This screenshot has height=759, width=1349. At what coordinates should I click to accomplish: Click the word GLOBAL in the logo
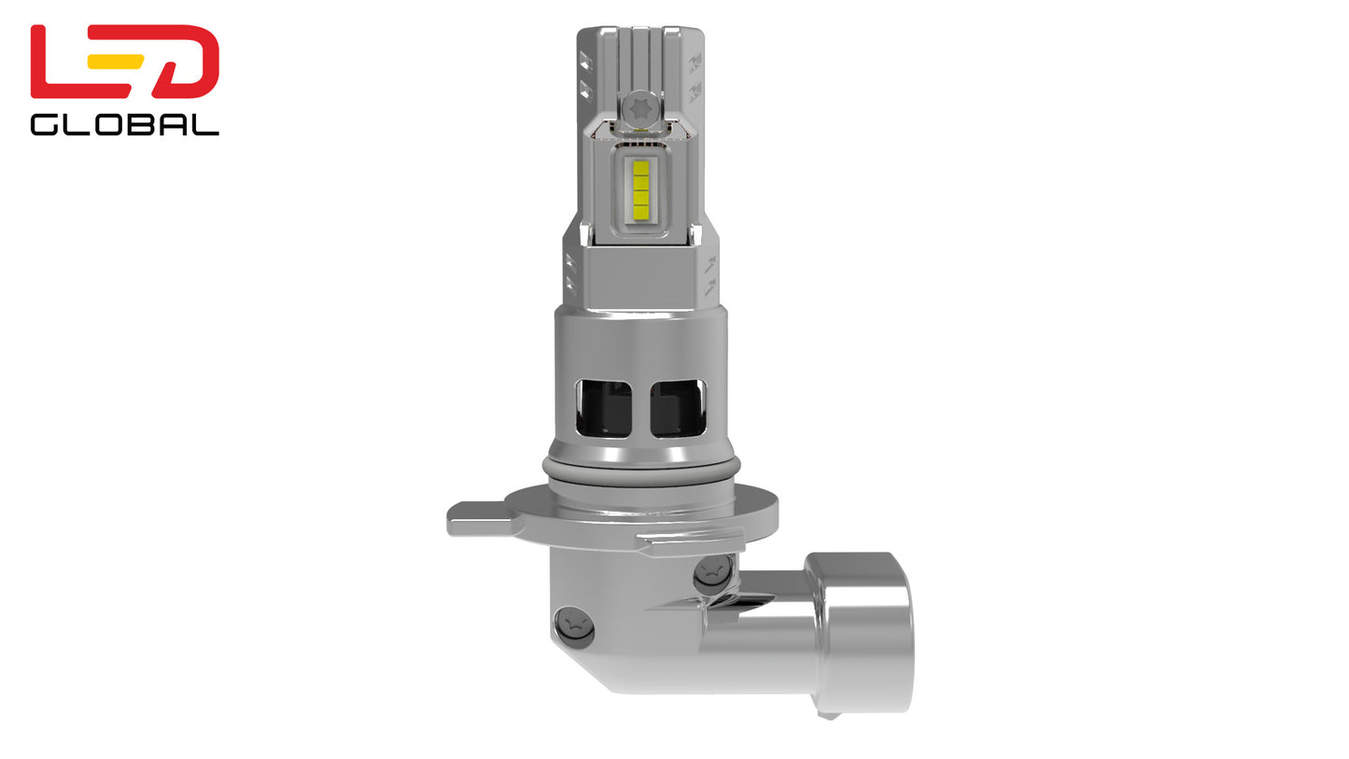coord(124,125)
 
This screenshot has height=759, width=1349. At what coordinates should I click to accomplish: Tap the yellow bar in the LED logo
coord(115,62)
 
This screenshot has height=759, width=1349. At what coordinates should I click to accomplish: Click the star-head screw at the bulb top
coord(640,106)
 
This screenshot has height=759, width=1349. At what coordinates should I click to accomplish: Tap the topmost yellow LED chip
coord(640,168)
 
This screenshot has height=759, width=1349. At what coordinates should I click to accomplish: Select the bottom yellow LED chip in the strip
coord(640,211)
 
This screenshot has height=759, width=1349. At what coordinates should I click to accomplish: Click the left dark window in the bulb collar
coord(603,408)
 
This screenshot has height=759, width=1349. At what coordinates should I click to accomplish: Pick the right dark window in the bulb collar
coord(678,408)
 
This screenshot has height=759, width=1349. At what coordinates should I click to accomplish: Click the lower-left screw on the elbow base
coord(573,626)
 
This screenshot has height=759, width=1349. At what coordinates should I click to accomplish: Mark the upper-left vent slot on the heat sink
coord(584,62)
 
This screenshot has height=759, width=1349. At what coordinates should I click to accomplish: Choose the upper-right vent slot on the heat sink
coord(695,62)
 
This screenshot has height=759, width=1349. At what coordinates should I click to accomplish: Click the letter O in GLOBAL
coord(96,125)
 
